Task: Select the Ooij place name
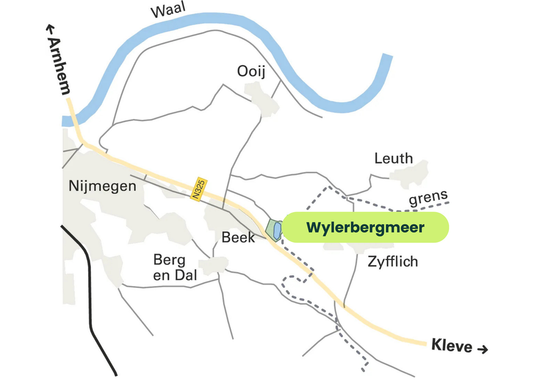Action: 251,72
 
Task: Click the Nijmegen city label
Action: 102,186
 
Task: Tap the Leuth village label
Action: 394,159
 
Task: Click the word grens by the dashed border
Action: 428,197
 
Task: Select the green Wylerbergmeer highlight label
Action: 365,228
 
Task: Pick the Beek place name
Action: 238,238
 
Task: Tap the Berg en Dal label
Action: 175,268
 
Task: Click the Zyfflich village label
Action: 392,262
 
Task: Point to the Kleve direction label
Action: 452,345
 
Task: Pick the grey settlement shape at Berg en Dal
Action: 215,265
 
